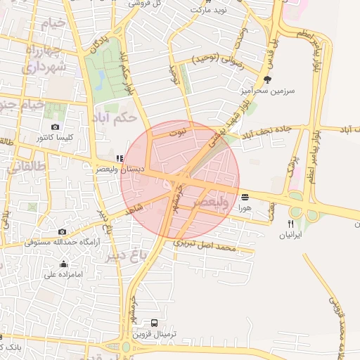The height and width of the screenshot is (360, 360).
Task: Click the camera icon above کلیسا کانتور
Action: tap(55, 127)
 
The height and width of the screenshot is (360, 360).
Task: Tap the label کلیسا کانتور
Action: tap(58, 139)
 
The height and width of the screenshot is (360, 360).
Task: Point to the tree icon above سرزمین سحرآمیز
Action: tap(267, 79)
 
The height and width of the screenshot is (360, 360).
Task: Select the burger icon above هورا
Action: tap(244, 197)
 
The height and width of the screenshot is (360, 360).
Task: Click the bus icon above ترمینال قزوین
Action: tap(154, 323)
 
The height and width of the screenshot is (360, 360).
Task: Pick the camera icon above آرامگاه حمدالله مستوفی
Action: tap(63, 231)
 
